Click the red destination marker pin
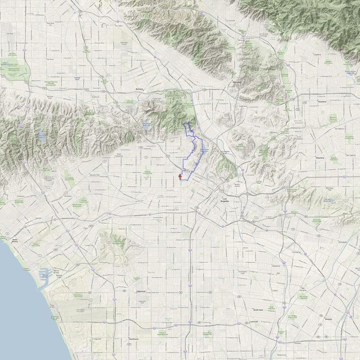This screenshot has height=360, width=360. click(180, 177)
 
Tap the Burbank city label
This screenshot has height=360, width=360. click(137, 88)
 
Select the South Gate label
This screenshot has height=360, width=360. click(258, 310)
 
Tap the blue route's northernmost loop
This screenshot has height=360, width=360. click(189, 125)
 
